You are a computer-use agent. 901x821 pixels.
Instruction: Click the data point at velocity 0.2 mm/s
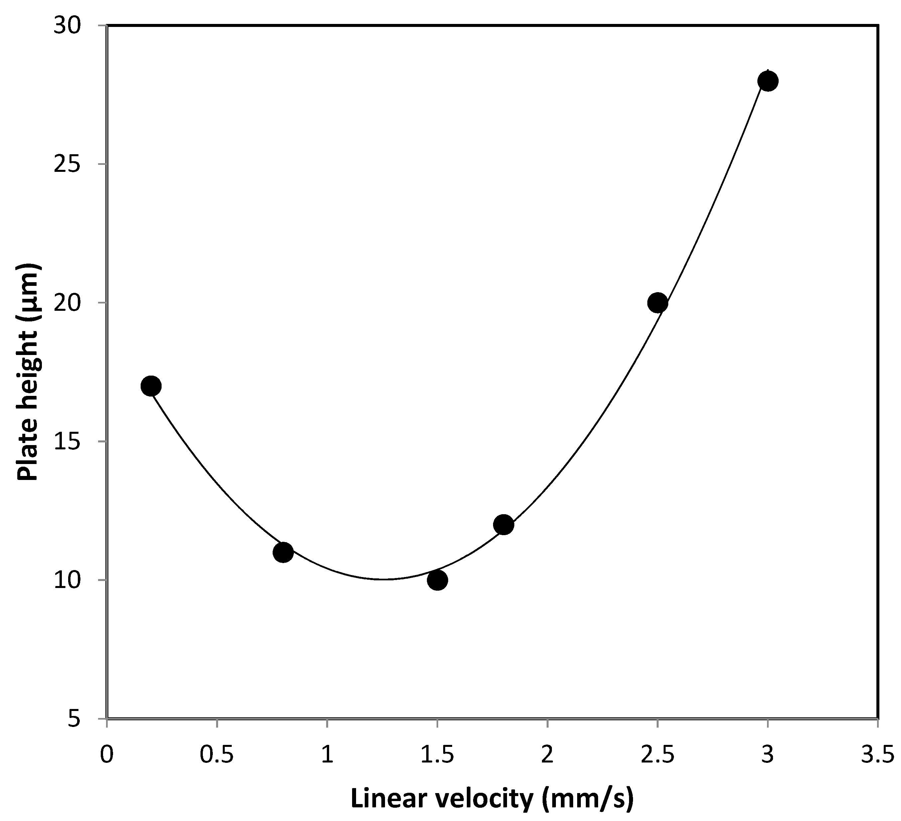tap(151, 386)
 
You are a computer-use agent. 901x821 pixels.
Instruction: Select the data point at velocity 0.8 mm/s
tap(283, 553)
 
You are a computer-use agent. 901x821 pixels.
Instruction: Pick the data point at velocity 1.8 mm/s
tap(504, 525)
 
